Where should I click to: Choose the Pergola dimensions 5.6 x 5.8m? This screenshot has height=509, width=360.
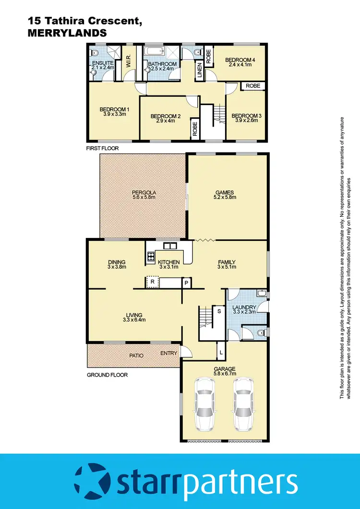click(144, 197)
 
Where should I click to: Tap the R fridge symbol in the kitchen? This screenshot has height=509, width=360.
click(152, 282)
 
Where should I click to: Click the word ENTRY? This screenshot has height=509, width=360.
click(169, 353)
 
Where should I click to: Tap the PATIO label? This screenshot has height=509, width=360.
click(136, 356)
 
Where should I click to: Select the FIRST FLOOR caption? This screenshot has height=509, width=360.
click(102, 148)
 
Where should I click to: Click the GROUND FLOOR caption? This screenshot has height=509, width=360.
click(107, 375)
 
